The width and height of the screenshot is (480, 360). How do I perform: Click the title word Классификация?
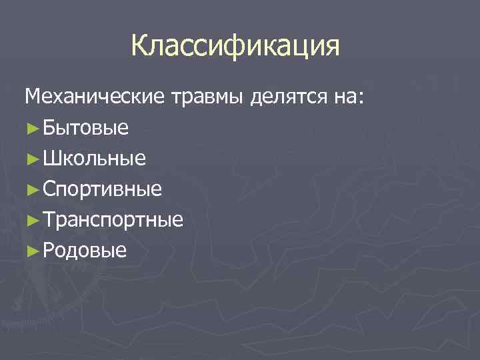pos(235,46)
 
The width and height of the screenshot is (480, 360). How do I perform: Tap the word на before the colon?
pos(345,97)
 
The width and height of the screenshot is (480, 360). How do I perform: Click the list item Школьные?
pos(94,159)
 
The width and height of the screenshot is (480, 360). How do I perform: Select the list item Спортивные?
pos(102,190)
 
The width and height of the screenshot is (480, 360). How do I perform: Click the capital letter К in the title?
pos(141,46)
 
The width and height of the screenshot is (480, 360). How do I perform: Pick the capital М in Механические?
pos(33,97)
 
